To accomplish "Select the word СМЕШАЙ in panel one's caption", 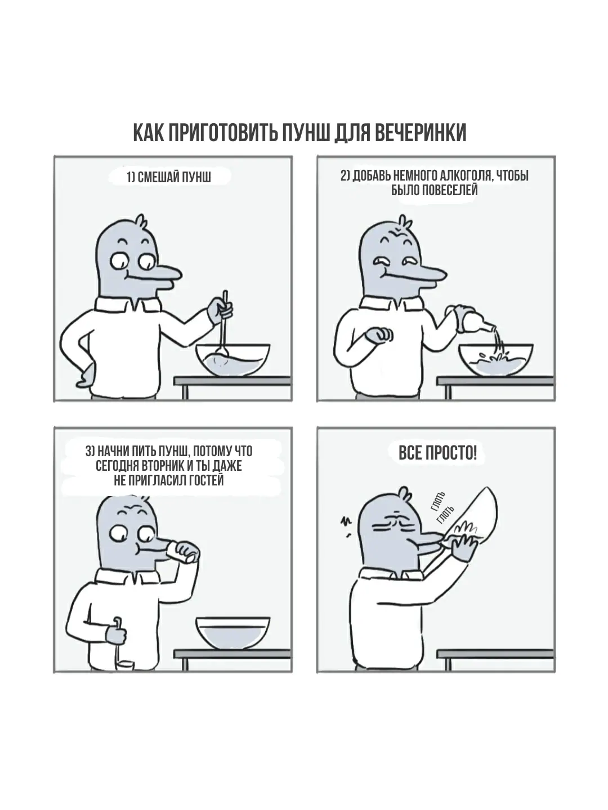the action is click(155, 178).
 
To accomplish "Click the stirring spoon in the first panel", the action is click(224, 323).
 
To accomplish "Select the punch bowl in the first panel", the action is click(233, 360).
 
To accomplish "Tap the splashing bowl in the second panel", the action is click(496, 360).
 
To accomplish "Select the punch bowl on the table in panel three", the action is click(233, 633).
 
